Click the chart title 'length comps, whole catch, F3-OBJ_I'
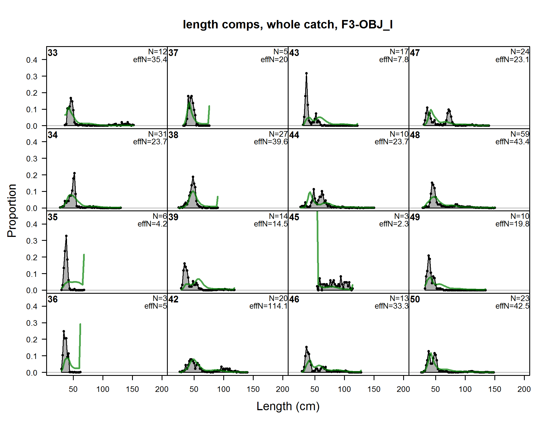(288, 25)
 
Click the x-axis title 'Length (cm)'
(288, 406)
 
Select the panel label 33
(53, 53)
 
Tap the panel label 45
(294, 217)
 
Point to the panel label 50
(415, 299)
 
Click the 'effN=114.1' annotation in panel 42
(268, 306)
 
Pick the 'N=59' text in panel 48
(520, 134)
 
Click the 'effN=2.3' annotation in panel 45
(394, 224)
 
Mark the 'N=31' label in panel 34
(157, 134)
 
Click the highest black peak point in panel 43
(306, 73)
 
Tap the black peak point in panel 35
(66, 236)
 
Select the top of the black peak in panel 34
(74, 173)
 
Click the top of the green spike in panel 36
(80, 324)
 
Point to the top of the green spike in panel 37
(209, 106)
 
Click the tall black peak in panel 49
(429, 256)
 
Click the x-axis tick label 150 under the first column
(132, 389)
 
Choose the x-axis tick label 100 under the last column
(465, 389)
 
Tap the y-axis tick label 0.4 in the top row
(32, 60)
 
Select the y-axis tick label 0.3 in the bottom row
(32, 323)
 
